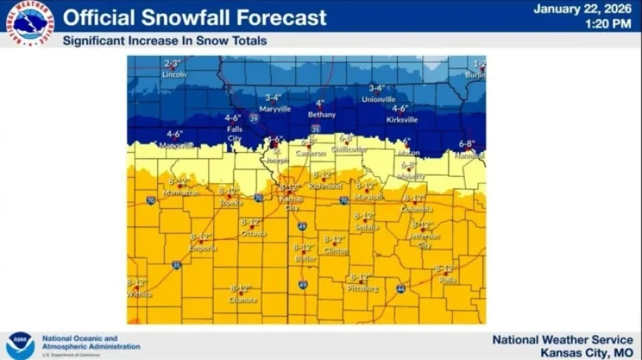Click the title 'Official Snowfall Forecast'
(x=195, y=18)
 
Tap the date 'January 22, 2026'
(x=582, y=9)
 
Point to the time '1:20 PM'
(x=608, y=24)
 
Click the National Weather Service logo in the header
(x=30, y=24)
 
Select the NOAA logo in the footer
(x=20, y=345)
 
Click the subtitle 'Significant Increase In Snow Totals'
(x=165, y=41)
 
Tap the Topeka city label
(x=230, y=202)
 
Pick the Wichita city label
(x=139, y=294)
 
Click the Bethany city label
(x=322, y=114)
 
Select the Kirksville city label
(x=401, y=119)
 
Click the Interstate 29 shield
(x=254, y=117)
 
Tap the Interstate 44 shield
(x=400, y=288)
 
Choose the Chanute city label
(x=243, y=300)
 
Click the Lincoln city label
(x=174, y=75)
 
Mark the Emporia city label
(x=202, y=248)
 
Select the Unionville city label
(x=379, y=99)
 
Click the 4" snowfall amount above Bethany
(x=320, y=103)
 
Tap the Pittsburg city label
(x=363, y=288)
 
